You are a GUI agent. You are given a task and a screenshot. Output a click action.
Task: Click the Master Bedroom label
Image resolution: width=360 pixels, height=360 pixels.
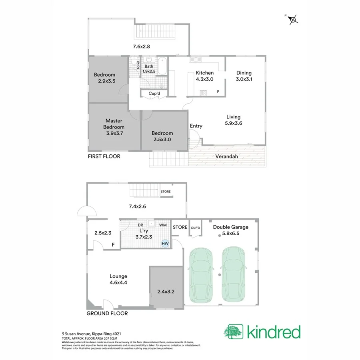(114, 127)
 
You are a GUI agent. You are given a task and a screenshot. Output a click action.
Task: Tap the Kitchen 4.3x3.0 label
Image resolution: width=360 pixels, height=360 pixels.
(204, 76)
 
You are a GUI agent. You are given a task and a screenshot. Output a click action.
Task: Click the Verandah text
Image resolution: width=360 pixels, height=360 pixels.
(227, 156)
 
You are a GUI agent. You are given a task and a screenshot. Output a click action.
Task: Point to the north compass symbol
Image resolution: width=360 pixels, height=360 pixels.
(293, 20)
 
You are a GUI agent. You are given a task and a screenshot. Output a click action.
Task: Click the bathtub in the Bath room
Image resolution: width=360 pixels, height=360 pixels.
(162, 67)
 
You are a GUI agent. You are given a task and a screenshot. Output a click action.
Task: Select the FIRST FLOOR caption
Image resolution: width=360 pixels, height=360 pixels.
(104, 156)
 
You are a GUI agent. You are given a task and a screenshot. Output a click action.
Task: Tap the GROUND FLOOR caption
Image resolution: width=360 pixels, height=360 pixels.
(107, 313)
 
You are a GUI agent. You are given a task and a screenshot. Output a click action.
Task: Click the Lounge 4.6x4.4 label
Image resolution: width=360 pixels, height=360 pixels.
(118, 279)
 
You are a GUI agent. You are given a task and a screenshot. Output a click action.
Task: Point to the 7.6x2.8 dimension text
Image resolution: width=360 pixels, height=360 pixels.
(141, 47)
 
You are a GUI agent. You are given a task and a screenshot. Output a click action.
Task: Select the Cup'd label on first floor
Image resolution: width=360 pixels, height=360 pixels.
(154, 94)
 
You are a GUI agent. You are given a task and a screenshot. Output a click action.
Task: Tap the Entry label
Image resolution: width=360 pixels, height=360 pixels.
(196, 126)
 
